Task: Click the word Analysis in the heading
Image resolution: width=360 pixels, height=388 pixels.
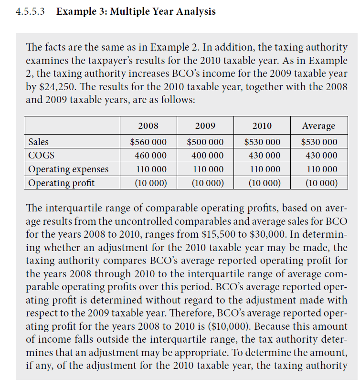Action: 191,11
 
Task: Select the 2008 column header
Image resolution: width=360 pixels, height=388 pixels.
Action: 148,126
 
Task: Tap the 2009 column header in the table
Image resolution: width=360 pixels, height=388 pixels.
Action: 205,126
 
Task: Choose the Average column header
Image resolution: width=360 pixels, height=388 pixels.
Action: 318,126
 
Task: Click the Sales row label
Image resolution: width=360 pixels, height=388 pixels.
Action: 38,142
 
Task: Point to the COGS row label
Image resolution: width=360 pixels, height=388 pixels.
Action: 41,156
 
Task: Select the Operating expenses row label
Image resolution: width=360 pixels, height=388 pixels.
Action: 68,169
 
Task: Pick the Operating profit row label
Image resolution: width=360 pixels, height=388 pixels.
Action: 61,183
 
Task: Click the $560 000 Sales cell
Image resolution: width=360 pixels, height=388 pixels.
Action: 148,142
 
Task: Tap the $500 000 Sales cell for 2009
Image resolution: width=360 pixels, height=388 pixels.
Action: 205,142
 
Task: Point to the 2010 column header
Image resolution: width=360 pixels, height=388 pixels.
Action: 262,126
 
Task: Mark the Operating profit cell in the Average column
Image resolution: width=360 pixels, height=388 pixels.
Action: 318,183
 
